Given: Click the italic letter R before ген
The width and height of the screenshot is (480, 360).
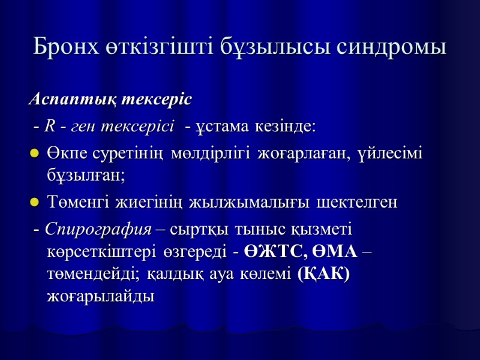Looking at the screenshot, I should [x=50, y=126].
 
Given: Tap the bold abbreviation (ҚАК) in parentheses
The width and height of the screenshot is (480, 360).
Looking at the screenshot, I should [x=323, y=274].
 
